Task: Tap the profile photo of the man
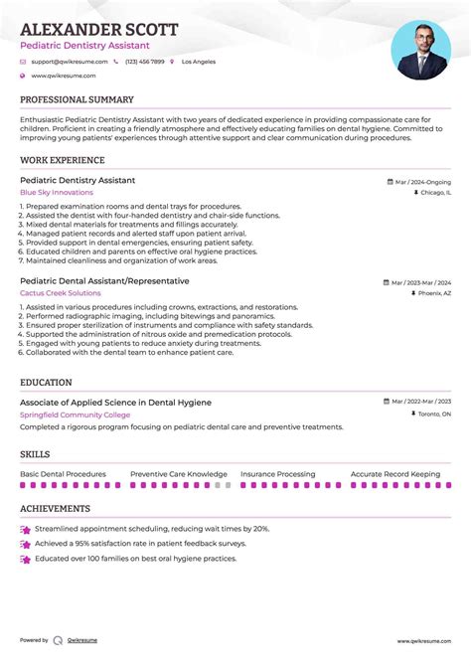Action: click(420, 50)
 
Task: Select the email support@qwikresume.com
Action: click(69, 62)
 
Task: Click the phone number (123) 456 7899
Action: click(144, 62)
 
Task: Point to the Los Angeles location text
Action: click(198, 62)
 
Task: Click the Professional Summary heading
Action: click(77, 100)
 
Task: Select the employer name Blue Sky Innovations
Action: click(56, 192)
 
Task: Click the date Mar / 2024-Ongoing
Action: click(422, 182)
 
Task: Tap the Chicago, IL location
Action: click(433, 193)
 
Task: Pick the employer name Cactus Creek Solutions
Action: click(60, 293)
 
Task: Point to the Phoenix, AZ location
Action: click(433, 294)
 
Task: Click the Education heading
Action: click(46, 382)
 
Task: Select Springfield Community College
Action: click(75, 414)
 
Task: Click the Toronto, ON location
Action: click(433, 414)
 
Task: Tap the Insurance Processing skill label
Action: click(277, 474)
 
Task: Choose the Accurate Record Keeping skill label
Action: click(395, 474)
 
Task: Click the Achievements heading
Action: click(55, 509)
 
